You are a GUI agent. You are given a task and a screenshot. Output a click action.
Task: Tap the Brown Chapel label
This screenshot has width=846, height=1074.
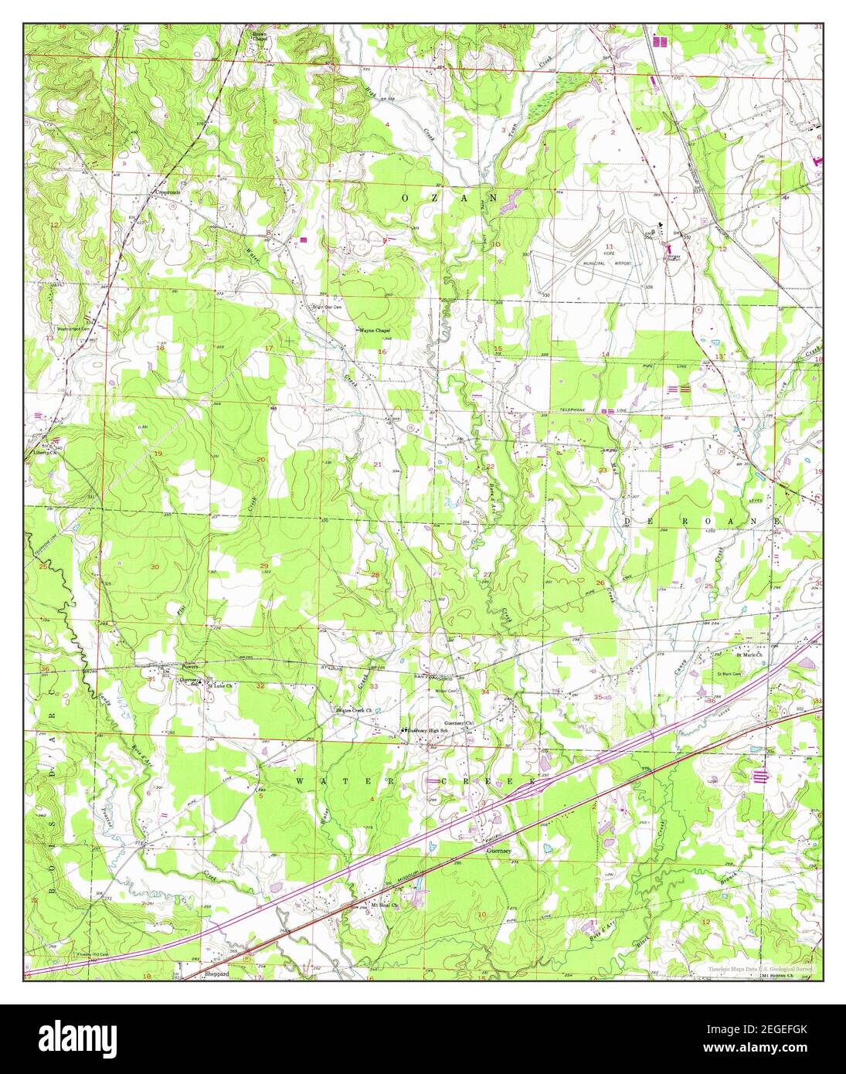(x=259, y=37)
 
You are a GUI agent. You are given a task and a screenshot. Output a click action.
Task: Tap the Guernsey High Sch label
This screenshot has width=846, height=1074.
(x=426, y=730)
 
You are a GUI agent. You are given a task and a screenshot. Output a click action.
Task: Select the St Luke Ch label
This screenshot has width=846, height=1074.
(x=216, y=684)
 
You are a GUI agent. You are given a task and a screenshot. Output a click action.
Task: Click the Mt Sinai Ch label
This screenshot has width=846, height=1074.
(x=383, y=904)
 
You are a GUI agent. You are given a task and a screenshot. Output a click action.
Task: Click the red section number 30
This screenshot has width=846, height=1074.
(x=155, y=567)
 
